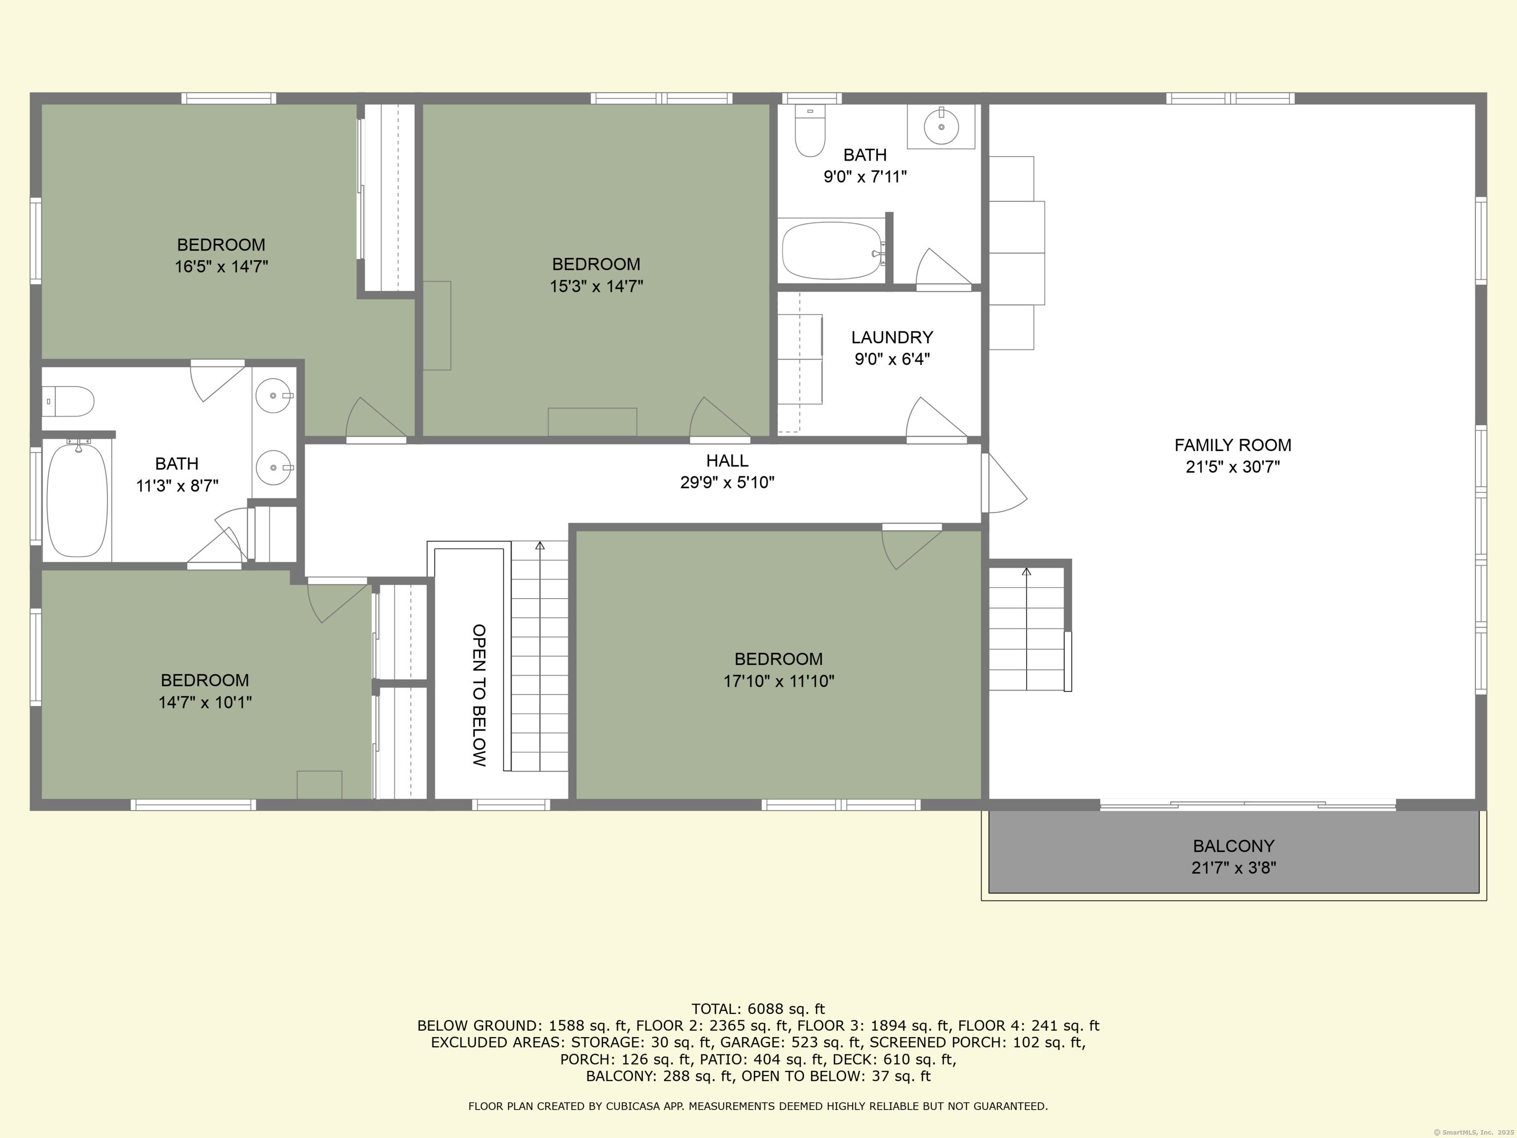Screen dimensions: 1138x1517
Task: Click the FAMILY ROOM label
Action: (x=1233, y=445)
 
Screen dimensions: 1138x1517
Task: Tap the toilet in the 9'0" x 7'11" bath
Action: (x=810, y=132)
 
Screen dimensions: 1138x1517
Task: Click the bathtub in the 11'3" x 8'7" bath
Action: (x=77, y=499)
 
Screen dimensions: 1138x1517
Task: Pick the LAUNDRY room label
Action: (x=891, y=337)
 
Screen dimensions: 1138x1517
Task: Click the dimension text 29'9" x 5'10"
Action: (x=727, y=482)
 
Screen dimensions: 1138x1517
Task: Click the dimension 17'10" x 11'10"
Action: (x=778, y=681)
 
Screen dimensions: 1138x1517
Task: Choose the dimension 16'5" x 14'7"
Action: (x=221, y=267)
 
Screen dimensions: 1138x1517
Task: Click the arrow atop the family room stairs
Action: (x=1026, y=571)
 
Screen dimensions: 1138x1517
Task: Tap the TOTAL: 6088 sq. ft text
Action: (x=758, y=1009)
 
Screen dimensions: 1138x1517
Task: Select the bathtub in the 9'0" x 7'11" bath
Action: (x=831, y=250)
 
